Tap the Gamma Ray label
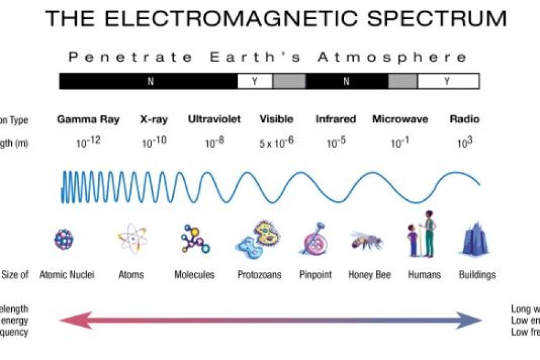[x=88, y=119]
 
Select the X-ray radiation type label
[x=154, y=119]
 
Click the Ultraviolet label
[x=214, y=119]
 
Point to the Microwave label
[x=400, y=119]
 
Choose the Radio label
[x=464, y=119]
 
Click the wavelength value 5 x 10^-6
[x=276, y=143]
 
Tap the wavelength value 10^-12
[x=88, y=143]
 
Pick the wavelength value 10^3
[x=465, y=143]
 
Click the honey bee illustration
[x=366, y=240]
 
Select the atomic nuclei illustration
[x=64, y=240]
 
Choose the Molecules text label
[x=194, y=274]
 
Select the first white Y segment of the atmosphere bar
[x=255, y=81]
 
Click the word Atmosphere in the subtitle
[x=392, y=58]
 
